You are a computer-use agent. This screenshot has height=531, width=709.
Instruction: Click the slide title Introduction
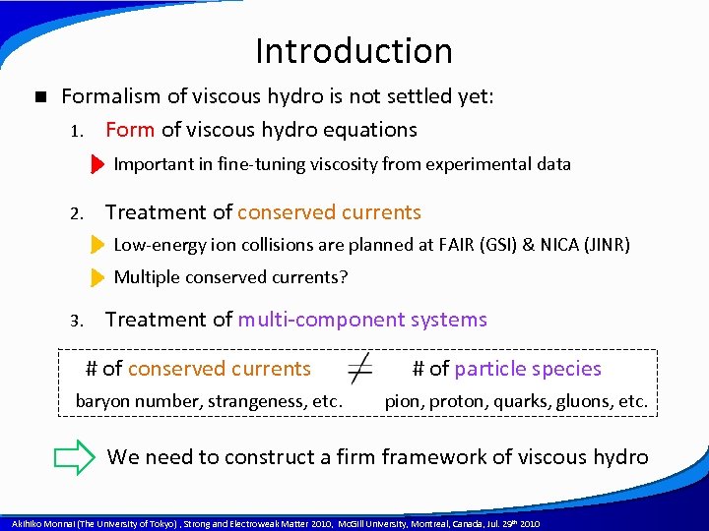pos(354,50)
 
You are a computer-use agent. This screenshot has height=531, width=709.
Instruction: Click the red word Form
pos(129,130)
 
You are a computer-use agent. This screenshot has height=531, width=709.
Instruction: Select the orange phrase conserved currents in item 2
pos(329,212)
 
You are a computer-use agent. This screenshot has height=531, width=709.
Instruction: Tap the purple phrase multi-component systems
pos(362,320)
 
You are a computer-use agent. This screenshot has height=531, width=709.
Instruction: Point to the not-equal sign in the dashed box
pos(360,369)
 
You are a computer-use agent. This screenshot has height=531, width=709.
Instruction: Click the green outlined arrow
pos(73,457)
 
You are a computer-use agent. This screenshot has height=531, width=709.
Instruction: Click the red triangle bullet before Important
pos(97,164)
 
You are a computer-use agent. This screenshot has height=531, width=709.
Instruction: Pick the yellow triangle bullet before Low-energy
pos(97,245)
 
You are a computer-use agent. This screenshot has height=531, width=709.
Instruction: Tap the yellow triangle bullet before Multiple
pos(97,277)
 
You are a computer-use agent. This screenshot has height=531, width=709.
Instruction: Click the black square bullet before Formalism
pos(39,96)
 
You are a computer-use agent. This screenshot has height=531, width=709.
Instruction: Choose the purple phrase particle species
pos(528,369)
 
